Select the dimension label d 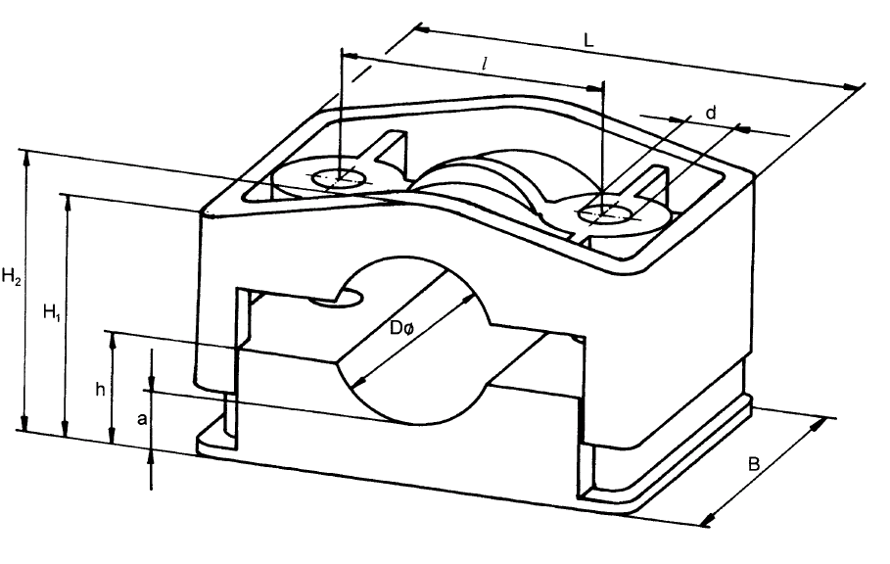[711, 114]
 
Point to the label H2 [13, 277]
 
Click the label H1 [53, 313]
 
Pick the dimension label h [100, 389]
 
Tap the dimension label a [142, 420]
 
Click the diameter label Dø [402, 329]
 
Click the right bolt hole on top [604, 210]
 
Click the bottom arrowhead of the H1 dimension [66, 432]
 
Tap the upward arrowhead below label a [152, 454]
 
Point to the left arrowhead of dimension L [423, 28]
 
